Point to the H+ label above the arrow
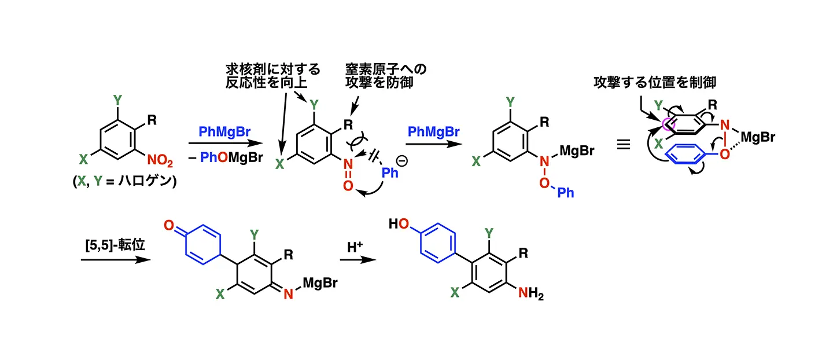coord(355,247)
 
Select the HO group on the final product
coord(398,223)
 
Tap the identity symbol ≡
coord(623,144)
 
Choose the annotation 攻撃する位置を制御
coord(654,82)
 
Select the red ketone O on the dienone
coord(168,224)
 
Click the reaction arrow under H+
coord(356,260)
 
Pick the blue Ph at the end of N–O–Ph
coord(565,192)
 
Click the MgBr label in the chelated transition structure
coord(758,137)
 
